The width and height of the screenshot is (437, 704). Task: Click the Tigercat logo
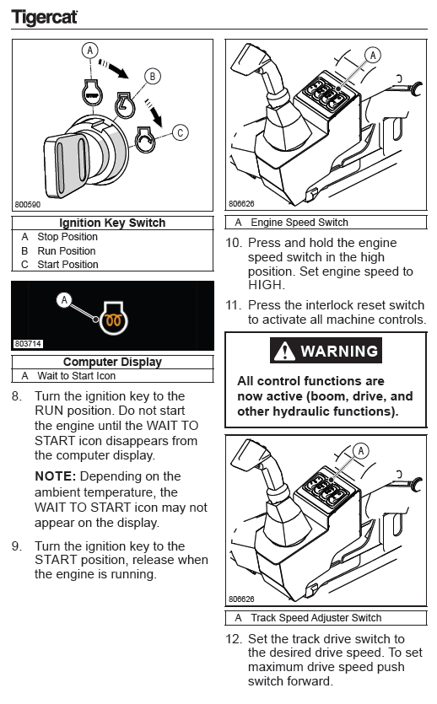click(44, 17)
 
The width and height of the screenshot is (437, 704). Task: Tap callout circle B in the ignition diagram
click(152, 77)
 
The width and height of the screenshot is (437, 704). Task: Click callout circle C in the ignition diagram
click(180, 132)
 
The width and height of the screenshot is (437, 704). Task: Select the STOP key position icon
click(92, 93)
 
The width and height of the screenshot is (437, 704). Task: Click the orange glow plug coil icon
click(114, 320)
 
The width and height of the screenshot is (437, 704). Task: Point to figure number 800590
click(27, 204)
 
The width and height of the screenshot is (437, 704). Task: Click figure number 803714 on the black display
click(28, 343)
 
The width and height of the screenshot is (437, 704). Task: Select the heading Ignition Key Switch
click(112, 223)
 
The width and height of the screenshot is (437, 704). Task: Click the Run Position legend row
click(58, 250)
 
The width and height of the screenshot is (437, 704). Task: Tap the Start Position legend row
click(60, 265)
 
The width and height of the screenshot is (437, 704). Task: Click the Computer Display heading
click(112, 362)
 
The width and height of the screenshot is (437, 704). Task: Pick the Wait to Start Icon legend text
click(68, 376)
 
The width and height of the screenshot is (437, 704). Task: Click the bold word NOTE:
click(55, 476)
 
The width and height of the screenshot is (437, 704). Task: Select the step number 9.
click(17, 546)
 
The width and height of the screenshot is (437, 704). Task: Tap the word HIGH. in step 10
click(267, 285)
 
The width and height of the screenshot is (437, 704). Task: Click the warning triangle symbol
click(284, 351)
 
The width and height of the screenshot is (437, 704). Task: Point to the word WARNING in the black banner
click(339, 351)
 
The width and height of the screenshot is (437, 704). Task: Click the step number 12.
click(234, 638)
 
